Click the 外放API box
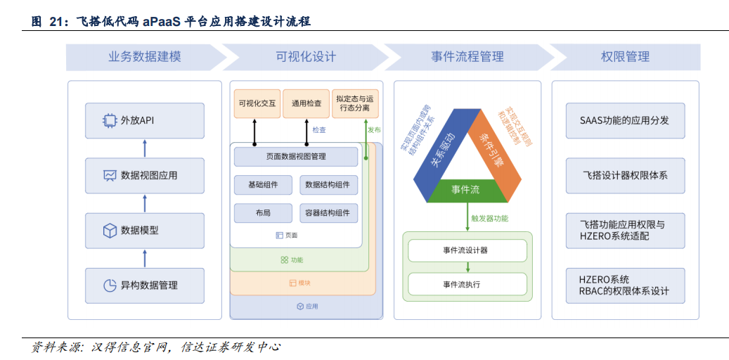145,120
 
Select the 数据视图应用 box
145,175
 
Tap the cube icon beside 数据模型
110,230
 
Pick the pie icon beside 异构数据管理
110,285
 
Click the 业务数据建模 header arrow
145,57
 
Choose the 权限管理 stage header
625,57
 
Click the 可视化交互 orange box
257,103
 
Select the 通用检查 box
307,103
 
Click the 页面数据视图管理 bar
296,156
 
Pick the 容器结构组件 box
328,213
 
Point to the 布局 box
263,213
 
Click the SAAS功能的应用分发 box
624,120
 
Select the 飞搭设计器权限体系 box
624,175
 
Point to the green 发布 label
374,130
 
